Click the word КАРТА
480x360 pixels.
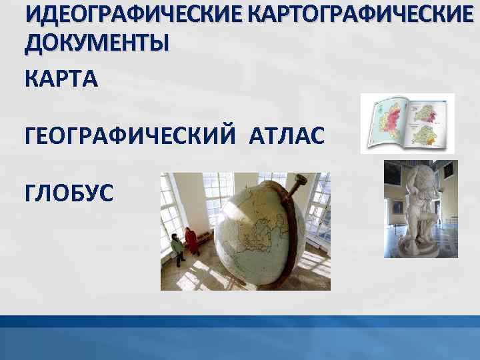point(61,79)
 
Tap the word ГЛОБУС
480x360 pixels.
point(69,194)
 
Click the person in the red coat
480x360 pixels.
point(191,240)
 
